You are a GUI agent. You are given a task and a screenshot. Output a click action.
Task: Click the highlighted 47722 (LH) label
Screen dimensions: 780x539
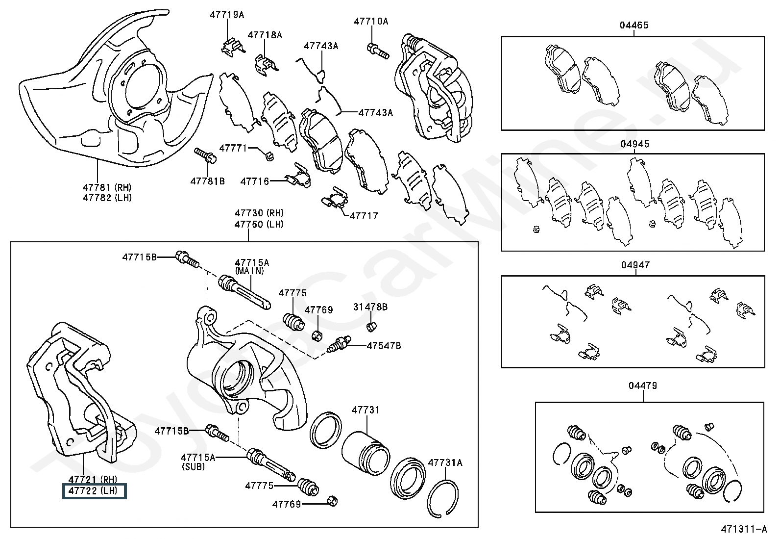(x=94, y=491)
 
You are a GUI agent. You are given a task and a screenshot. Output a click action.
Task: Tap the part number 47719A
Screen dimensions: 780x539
(x=227, y=15)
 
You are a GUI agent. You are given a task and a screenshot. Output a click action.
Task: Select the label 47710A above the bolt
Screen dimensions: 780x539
(x=371, y=21)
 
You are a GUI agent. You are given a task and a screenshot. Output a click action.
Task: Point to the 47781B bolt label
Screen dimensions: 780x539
(x=208, y=181)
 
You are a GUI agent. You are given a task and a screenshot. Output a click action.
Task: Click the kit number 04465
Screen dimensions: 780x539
(x=634, y=25)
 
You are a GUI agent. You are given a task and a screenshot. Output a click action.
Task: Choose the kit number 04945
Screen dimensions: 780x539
(x=635, y=144)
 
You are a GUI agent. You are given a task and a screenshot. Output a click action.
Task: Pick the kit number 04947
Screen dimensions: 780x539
(x=635, y=265)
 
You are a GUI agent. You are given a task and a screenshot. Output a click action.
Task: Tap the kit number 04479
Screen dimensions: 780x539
(x=643, y=386)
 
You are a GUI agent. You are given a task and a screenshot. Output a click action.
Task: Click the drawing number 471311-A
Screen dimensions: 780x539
(x=744, y=529)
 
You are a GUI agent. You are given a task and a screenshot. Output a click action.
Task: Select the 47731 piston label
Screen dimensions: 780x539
(x=366, y=410)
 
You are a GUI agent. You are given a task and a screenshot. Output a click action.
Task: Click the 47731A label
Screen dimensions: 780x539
(x=445, y=462)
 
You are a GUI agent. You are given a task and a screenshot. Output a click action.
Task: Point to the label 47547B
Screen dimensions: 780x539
(x=384, y=346)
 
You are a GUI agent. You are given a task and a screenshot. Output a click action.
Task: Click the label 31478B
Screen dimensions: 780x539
(x=370, y=307)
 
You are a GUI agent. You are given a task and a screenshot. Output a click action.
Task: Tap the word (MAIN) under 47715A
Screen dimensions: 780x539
(x=249, y=271)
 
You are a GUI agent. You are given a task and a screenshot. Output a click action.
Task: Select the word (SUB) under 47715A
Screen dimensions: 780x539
(x=193, y=466)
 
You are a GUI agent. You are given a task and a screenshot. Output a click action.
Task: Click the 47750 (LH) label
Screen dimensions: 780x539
(x=259, y=224)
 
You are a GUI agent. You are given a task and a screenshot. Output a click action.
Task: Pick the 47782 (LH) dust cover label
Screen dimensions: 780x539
(x=107, y=198)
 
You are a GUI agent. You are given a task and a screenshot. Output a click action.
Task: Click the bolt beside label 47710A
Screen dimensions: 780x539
(x=378, y=51)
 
